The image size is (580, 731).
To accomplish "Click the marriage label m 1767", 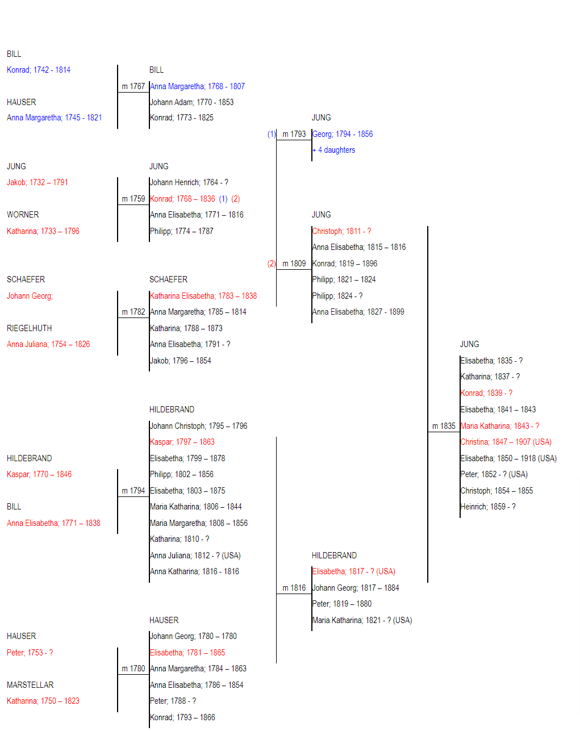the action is (133, 86).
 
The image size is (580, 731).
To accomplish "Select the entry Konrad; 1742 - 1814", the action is (39, 70).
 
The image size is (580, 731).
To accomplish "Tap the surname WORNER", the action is (23, 215).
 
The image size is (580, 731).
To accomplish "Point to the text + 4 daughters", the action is (333, 150).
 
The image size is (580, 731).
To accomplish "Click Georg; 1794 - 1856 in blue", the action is (343, 134).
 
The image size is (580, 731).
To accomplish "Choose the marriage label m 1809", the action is (294, 264).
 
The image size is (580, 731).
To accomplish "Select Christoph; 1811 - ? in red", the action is (341, 231).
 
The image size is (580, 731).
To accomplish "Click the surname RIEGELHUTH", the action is (29, 328).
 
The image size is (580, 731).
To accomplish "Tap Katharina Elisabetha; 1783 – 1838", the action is (203, 296).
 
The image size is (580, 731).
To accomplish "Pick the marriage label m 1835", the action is (444, 426).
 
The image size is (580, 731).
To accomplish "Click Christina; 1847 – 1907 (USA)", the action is (506, 442).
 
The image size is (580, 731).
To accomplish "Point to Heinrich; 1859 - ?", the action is (488, 507).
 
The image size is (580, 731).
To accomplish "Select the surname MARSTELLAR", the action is (30, 685).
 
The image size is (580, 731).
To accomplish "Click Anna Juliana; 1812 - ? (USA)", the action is (195, 555).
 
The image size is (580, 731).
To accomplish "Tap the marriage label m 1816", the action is (294, 588).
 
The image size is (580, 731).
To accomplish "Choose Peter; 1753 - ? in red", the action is (30, 653).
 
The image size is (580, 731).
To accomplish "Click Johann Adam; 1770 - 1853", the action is (191, 102).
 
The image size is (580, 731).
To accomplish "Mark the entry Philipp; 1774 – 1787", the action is (181, 231).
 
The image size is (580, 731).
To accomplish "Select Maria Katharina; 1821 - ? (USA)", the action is (362, 620).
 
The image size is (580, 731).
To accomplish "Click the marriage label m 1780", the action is (133, 669).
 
